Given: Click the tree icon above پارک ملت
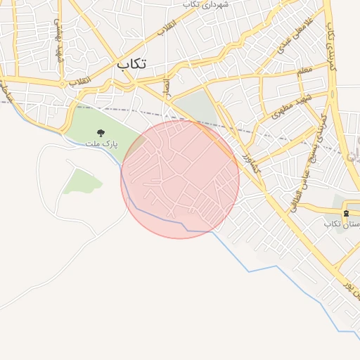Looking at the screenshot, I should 101,132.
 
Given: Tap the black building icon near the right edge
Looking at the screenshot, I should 345,213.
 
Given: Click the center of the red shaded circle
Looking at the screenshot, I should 180,179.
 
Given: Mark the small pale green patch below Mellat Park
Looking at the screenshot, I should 77,181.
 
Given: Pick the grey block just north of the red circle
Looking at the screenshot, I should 195,107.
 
